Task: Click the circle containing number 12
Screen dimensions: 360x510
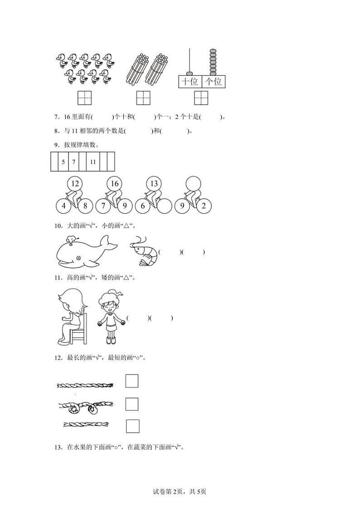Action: coord(75,183)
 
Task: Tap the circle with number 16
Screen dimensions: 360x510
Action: coord(115,183)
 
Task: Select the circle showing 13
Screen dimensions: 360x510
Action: coord(154,183)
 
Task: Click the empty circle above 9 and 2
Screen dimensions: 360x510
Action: coord(193,183)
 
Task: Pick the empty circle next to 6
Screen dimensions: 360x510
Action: coord(164,206)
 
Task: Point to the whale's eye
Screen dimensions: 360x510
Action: coord(78,258)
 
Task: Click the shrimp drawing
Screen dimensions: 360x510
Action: coord(143,251)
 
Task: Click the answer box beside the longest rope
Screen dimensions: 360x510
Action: coord(132,381)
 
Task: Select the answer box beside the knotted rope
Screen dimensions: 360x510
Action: coord(132,404)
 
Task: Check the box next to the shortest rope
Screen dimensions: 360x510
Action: coord(132,426)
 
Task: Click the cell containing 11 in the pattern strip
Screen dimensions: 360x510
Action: coord(93,162)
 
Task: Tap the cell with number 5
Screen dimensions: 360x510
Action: coord(63,162)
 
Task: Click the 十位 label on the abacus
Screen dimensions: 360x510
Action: coord(190,81)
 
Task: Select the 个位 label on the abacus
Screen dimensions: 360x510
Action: coord(214,81)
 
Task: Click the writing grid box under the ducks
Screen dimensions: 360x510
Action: coord(84,98)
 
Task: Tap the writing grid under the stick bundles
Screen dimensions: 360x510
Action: coord(143,98)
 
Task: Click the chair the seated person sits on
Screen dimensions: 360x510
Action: coord(79,329)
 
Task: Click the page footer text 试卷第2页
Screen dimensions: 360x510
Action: coord(168,491)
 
